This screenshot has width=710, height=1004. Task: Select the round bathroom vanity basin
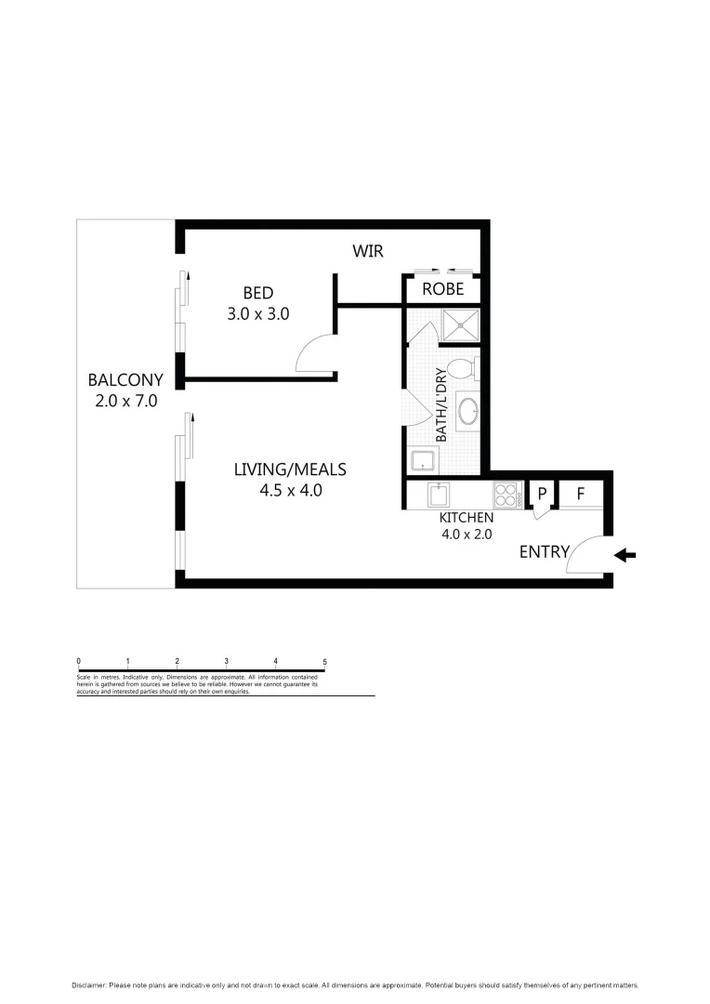pyautogui.click(x=467, y=409)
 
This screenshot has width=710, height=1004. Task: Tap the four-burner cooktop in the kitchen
pyautogui.click(x=506, y=494)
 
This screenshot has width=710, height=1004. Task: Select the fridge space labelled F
pyautogui.click(x=580, y=494)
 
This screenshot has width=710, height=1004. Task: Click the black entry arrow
pyautogui.click(x=625, y=555)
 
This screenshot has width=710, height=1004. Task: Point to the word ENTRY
pyautogui.click(x=544, y=551)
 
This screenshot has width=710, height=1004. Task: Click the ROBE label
pyautogui.click(x=442, y=289)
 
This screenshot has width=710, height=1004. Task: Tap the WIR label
pyautogui.click(x=367, y=251)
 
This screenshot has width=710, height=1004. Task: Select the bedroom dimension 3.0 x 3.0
pyautogui.click(x=258, y=314)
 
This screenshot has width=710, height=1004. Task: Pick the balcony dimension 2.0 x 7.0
pyautogui.click(x=125, y=402)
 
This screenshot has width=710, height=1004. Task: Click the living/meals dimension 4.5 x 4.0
pyautogui.click(x=291, y=491)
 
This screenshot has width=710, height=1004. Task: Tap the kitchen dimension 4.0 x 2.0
pyautogui.click(x=467, y=534)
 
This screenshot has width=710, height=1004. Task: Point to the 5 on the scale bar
pyautogui.click(x=324, y=661)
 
